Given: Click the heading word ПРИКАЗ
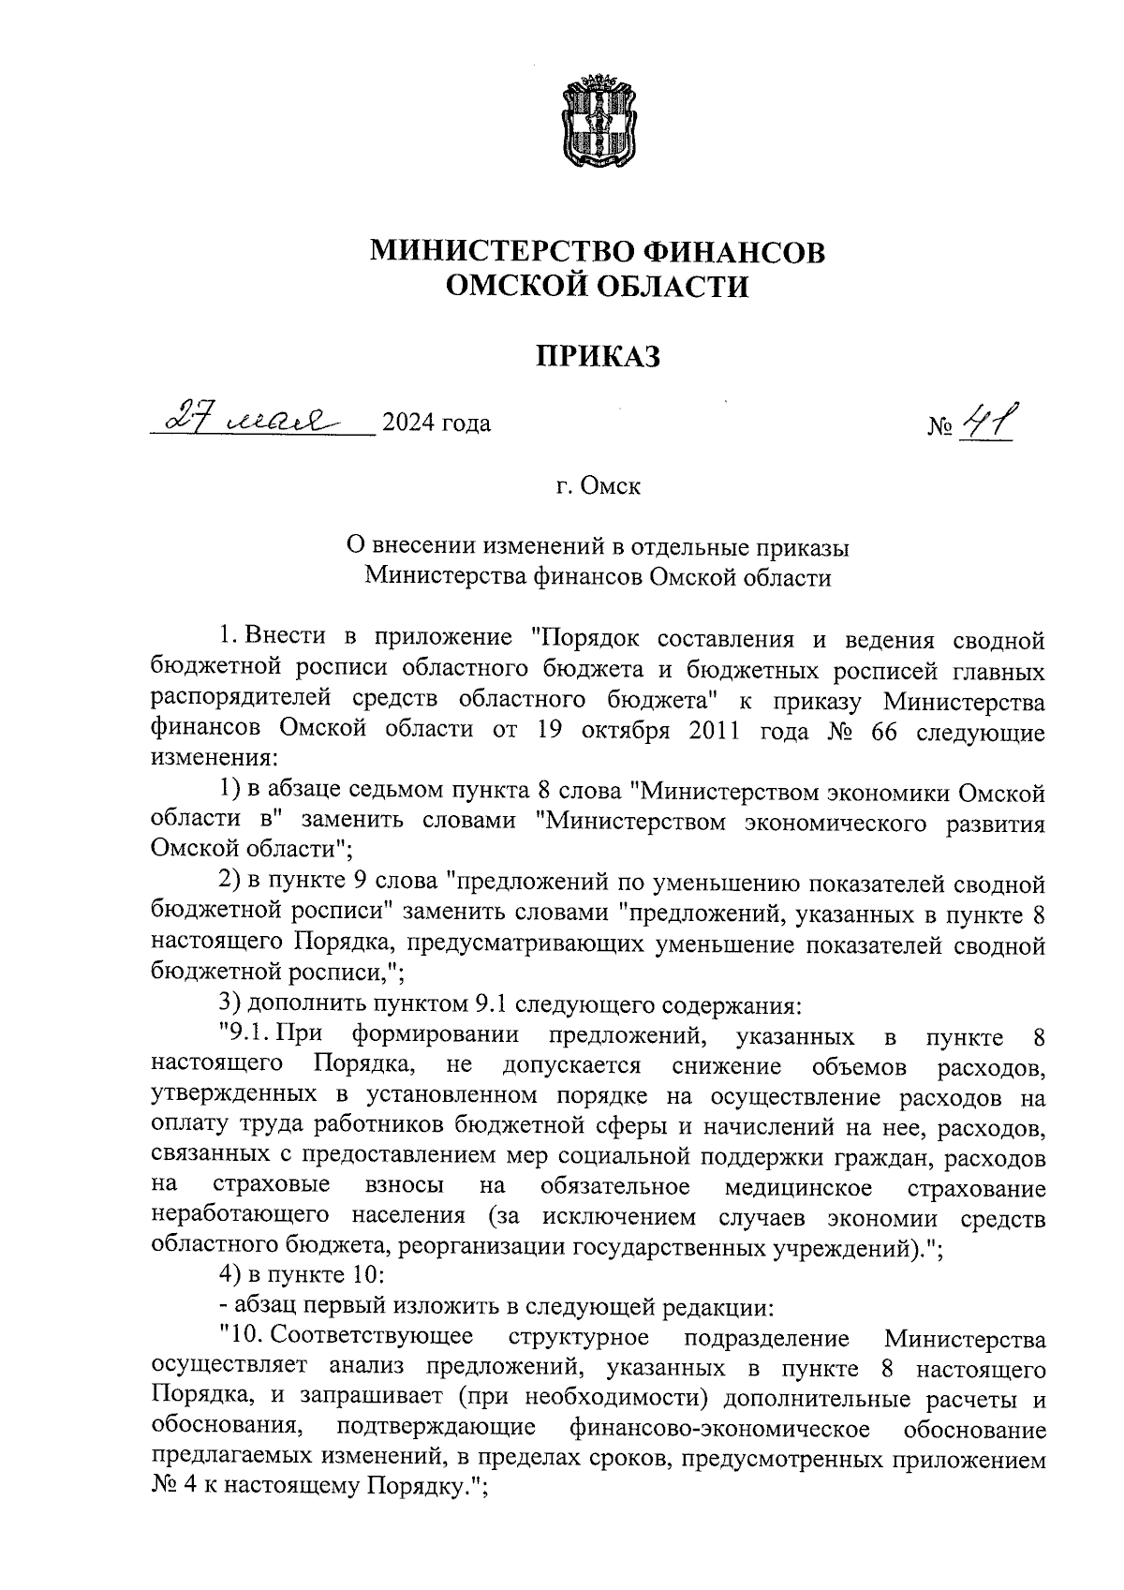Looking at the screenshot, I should click(599, 356).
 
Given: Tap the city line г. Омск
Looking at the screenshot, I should click(598, 487).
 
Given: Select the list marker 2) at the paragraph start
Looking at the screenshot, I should click(230, 884).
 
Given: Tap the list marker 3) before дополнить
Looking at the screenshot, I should click(230, 1005).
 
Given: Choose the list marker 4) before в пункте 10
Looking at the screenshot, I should click(230, 1276).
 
